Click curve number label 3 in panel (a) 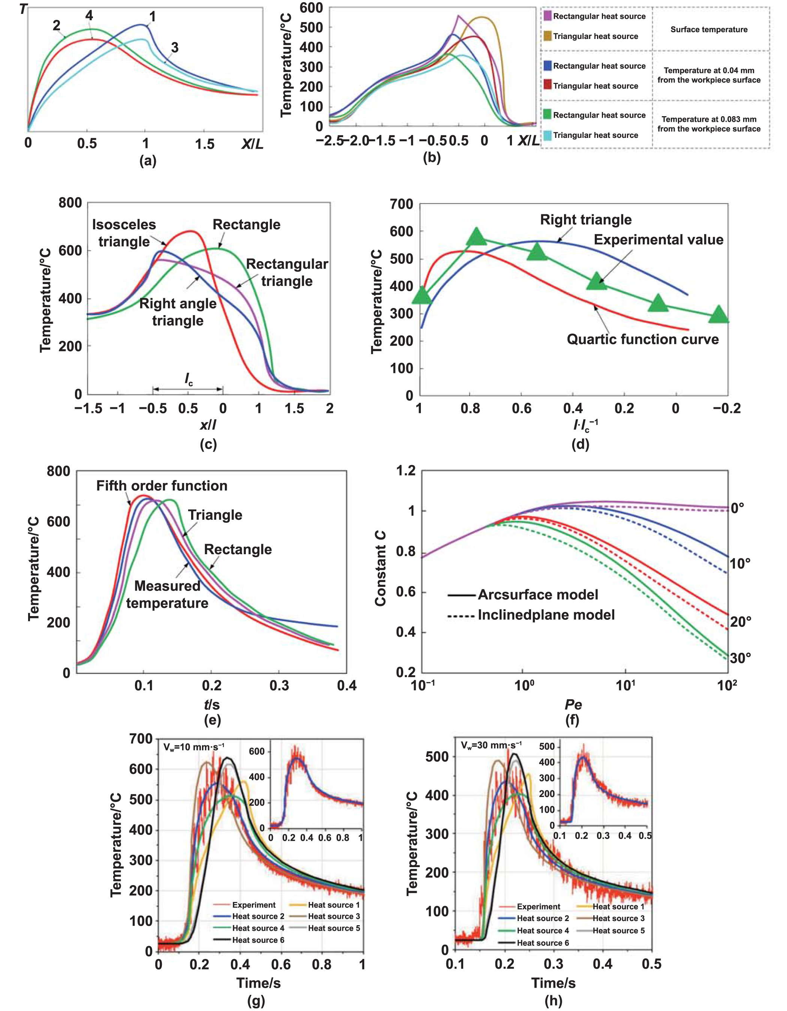(x=175, y=47)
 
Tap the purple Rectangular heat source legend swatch (x=548, y=16)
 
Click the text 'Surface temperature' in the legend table (x=709, y=30)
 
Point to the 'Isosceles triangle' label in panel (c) (x=124, y=233)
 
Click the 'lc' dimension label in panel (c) (x=189, y=380)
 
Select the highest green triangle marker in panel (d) (x=476, y=236)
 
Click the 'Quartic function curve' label (x=643, y=339)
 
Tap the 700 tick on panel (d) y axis (x=401, y=204)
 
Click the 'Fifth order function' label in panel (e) (x=162, y=486)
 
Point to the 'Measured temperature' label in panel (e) (x=167, y=594)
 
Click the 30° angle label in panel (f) (x=740, y=658)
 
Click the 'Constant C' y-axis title (x=380, y=568)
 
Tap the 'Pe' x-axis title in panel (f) (x=573, y=704)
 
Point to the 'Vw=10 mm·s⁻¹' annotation (x=194, y=746)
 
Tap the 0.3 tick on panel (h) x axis (x=553, y=964)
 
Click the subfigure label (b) (x=431, y=157)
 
